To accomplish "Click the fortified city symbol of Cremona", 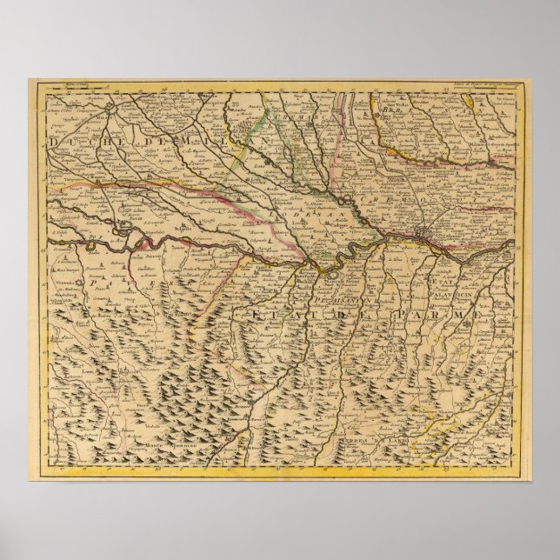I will (x=423, y=236).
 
